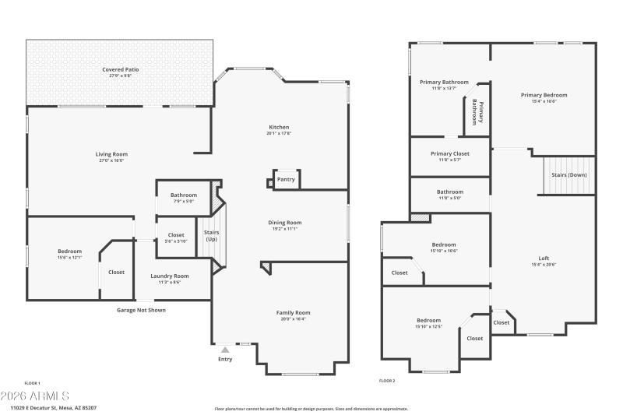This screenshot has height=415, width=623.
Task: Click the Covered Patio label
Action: click(121, 69)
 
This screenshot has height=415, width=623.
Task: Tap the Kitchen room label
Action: click(279, 127)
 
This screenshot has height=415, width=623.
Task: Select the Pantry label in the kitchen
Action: click(286, 179)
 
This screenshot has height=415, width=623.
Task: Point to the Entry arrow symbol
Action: click(225, 350)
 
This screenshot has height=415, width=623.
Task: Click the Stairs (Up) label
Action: click(211, 236)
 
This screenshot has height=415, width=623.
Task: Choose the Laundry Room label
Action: click(169, 276)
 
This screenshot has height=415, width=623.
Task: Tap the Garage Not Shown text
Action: click(141, 310)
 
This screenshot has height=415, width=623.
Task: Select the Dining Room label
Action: click(284, 222)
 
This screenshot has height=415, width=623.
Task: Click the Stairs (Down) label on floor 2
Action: click(569, 175)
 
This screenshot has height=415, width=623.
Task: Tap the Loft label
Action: click(544, 258)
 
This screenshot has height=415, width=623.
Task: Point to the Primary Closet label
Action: click(450, 153)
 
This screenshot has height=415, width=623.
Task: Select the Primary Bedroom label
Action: click(544, 95)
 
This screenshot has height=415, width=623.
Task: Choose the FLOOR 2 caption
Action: click(387, 381)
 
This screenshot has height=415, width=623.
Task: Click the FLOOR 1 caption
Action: click(32, 382)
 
